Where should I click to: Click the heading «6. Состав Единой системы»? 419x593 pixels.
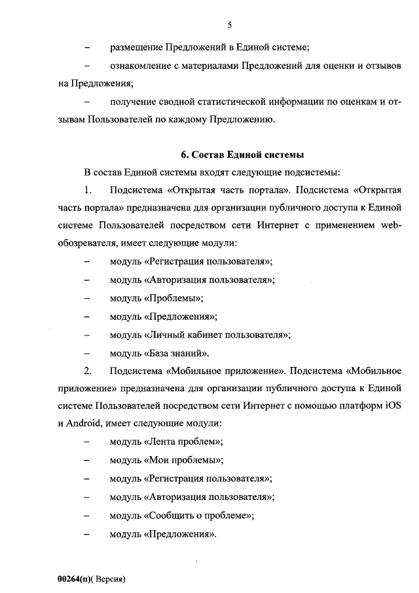click(x=242, y=155)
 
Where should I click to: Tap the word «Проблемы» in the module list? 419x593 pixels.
click(x=172, y=298)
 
